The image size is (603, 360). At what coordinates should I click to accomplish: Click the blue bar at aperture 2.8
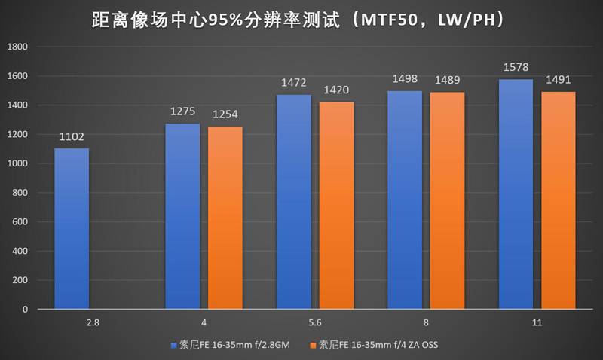72,229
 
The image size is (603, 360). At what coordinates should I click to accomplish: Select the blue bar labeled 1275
182,216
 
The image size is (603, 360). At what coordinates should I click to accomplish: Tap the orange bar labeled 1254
225,218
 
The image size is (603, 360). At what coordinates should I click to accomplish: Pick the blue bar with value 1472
293,202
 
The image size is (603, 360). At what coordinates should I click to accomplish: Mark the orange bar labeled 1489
447,201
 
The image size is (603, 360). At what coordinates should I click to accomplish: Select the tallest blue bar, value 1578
516,194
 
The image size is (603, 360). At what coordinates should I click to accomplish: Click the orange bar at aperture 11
559,200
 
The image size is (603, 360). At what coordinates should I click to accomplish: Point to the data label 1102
72,138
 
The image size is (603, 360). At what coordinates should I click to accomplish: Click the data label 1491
559,81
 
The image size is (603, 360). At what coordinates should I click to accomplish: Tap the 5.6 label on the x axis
315,322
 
